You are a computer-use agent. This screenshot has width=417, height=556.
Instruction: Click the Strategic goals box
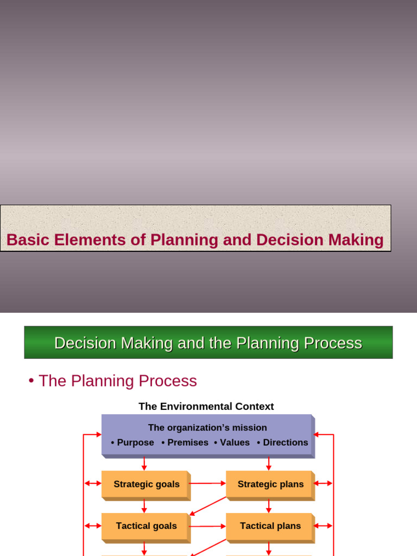146,484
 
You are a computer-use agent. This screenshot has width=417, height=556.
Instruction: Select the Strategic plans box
270,484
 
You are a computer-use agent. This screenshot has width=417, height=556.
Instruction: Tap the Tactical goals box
146,526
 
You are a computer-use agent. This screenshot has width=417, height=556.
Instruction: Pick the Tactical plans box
270,526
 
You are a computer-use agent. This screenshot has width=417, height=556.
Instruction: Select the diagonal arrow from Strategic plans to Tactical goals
208,506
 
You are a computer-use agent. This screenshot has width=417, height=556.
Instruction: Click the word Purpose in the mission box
135,443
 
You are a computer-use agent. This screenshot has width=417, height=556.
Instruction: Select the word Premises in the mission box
188,443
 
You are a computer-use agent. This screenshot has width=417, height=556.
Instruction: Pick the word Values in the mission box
235,443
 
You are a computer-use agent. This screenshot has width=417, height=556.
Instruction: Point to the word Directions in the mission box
286,443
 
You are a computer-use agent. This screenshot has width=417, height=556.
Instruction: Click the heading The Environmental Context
206,407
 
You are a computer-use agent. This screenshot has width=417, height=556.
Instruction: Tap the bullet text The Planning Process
117,381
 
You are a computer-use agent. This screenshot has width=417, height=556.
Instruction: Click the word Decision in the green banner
86,343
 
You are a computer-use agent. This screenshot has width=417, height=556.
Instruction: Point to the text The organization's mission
207,428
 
